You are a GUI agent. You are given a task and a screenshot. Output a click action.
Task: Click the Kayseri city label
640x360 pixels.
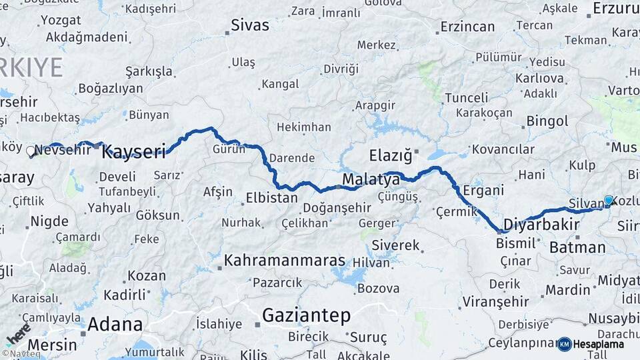tap(133, 151)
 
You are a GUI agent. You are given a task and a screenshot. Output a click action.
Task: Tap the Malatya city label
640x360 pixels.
tap(371, 179)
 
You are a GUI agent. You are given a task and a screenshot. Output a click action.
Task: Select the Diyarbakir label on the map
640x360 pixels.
tap(541, 223)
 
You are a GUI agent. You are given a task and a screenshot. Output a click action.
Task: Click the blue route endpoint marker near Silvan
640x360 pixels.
tap(608, 200)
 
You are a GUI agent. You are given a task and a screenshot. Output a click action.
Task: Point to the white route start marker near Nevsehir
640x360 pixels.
tap(30, 151)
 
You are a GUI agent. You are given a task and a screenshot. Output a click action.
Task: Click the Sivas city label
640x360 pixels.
tap(250, 25)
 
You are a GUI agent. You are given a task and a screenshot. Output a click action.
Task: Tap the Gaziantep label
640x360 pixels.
tap(306, 315)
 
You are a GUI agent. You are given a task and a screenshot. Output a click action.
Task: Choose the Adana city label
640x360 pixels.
tap(115, 325)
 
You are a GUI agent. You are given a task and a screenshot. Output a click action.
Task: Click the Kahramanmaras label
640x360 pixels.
tap(285, 261)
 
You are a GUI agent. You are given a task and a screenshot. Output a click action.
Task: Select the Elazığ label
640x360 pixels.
tap(391, 156)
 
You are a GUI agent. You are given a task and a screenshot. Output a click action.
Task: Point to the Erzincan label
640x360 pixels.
tap(467, 27)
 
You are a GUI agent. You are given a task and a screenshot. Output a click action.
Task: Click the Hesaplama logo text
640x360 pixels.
tap(599, 344)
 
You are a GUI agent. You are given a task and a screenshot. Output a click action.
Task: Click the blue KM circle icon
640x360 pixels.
tap(564, 344)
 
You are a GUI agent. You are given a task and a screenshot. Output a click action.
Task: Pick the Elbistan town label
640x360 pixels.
tap(271, 198)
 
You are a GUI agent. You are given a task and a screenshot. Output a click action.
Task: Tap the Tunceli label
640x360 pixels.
tap(466, 98)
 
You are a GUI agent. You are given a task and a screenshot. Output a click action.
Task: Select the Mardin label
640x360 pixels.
tap(568, 290)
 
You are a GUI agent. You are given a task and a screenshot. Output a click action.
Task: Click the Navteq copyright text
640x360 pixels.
tap(21, 354)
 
